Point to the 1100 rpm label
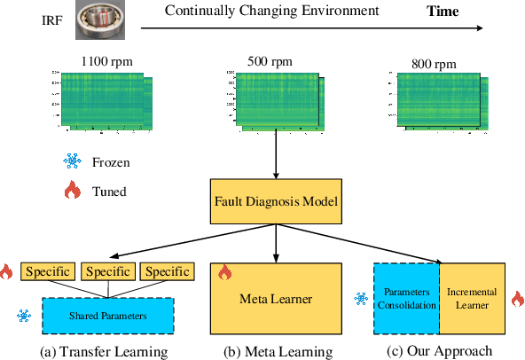(101, 62)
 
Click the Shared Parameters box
(107, 314)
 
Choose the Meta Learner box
(276, 299)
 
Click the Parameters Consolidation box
(406, 299)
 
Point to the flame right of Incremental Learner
(516, 299)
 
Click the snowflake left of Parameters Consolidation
(361, 299)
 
